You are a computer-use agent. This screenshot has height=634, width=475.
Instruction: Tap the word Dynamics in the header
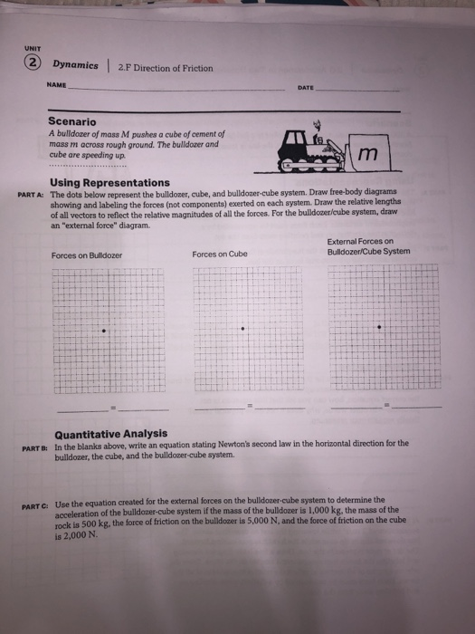[x=75, y=66]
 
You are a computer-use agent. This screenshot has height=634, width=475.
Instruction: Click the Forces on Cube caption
[x=221, y=255]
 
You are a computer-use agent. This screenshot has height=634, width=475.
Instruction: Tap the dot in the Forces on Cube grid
[x=242, y=330]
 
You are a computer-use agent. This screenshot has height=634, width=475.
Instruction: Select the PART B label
[x=33, y=445]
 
